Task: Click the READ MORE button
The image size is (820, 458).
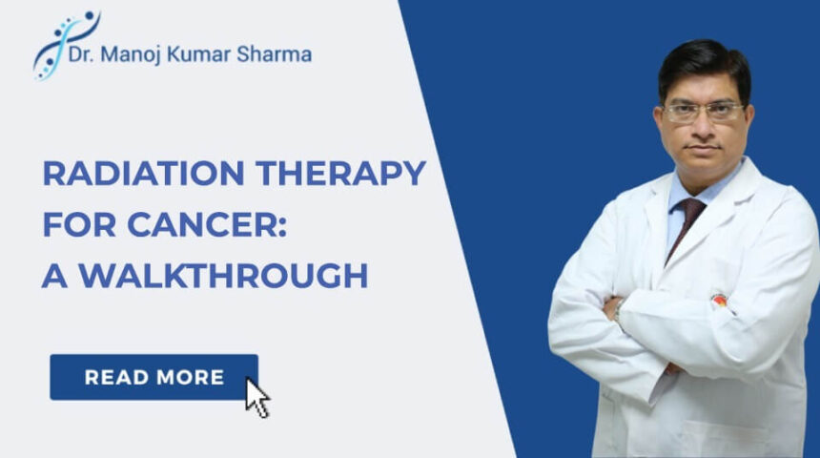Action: [x=154, y=377]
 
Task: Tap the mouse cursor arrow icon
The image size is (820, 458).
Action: [x=256, y=397]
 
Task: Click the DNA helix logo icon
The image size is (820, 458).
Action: [x=64, y=44]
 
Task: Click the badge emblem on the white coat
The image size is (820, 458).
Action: [x=718, y=300]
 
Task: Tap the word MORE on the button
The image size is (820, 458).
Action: [x=192, y=377]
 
